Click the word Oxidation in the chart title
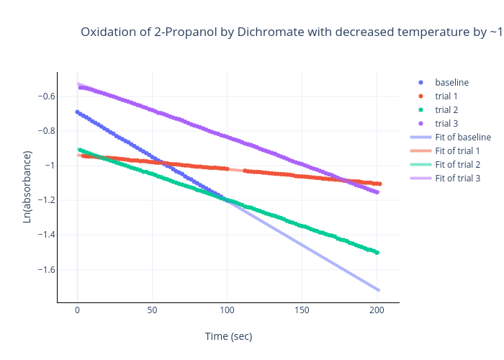[x=106, y=32]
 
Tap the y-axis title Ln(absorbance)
[x=27, y=186]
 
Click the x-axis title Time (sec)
[x=228, y=336]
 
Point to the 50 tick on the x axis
[x=152, y=310]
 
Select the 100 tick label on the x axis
[x=227, y=310]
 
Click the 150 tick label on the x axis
[x=302, y=310]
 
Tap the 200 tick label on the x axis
[x=377, y=310]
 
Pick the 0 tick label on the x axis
[x=77, y=310]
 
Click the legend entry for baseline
[x=451, y=82]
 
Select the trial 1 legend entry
[x=446, y=96]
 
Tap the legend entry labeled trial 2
[x=446, y=109]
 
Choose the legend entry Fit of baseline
[x=463, y=137]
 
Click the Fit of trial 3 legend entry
[x=457, y=178]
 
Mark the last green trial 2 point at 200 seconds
[x=377, y=252]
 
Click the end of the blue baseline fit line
[x=379, y=290]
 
